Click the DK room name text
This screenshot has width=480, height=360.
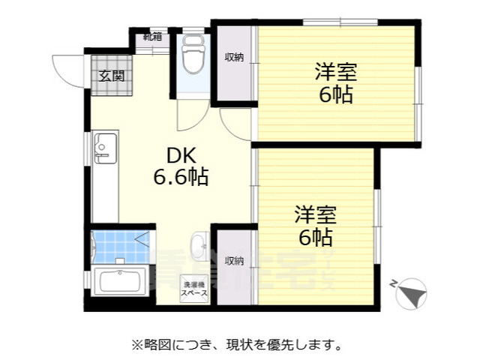[181, 156]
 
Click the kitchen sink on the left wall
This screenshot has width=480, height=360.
[105, 148]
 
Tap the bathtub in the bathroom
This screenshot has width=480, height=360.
[120, 283]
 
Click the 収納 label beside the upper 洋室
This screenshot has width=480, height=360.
[234, 58]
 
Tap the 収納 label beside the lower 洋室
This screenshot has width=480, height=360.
[234, 261]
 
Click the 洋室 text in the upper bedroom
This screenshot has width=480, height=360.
[335, 73]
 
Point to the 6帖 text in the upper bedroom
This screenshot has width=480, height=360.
[335, 96]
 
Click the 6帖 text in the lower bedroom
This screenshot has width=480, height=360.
[314, 238]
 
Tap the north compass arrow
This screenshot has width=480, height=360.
[411, 291]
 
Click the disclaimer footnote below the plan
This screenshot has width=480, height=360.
[238, 345]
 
